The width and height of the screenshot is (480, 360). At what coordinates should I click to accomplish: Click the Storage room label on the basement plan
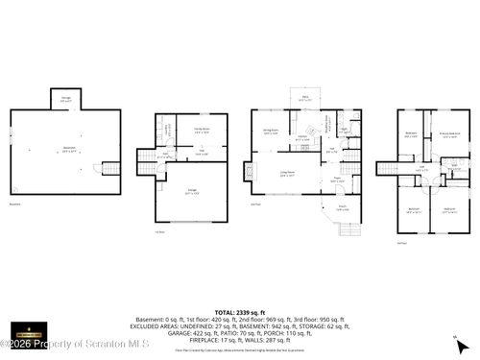tap(65, 98)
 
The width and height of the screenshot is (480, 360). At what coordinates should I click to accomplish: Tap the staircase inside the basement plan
tap(111, 168)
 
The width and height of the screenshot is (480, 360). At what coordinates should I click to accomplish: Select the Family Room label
tap(203, 131)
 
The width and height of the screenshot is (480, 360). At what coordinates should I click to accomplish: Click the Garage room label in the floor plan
tap(192, 192)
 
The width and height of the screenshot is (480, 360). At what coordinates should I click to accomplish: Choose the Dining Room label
tap(272, 132)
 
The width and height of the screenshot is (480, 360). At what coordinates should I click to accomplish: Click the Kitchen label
tap(302, 140)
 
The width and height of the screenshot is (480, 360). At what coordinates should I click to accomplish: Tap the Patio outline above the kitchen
tap(305, 99)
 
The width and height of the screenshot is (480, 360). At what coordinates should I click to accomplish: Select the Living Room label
tap(286, 173)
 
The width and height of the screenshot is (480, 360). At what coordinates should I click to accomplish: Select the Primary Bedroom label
tap(448, 134)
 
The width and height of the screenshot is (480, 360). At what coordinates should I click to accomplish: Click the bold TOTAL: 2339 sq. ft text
tap(239, 314)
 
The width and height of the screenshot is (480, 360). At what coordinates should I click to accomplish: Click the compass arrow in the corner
tap(462, 344)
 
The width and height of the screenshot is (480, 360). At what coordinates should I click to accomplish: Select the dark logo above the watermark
tap(27, 329)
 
